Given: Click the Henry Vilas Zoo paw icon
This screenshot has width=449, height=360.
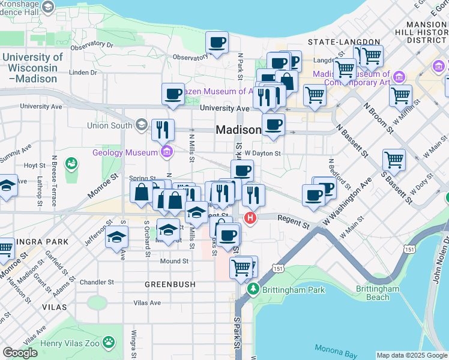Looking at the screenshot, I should pyautogui.click(x=109, y=343).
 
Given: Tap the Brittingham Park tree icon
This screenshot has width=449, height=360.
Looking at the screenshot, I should pyautogui.click(x=253, y=290).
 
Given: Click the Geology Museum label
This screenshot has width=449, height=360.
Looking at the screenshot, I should pyautogui.click(x=125, y=152).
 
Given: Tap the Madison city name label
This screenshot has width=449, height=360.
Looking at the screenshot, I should pyautogui.click(x=238, y=130).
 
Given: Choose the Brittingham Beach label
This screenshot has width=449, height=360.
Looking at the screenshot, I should pyautogui.click(x=378, y=293).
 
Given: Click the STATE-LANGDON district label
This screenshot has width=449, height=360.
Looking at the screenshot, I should pyautogui.click(x=344, y=42).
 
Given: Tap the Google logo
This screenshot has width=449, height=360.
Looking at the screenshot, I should pyautogui.click(x=20, y=353).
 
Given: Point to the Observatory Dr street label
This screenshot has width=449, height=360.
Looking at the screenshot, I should pyautogui.click(x=92, y=45).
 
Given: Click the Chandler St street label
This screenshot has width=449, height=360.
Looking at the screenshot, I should pyautogui.click(x=97, y=282).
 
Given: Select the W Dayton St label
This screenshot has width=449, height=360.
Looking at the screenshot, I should pyautogui.click(x=262, y=154).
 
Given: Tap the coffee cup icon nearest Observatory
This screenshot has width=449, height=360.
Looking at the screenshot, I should pyautogui.click(x=217, y=43).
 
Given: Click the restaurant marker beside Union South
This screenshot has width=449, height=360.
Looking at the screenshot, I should pyautogui.click(x=163, y=130).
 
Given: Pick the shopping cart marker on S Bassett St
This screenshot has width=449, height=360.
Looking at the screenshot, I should pyautogui.click(x=394, y=160).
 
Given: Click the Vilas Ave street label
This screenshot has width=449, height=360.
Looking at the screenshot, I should pyautogui.click(x=146, y=303).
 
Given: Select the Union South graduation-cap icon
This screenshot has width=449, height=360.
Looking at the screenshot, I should pyautogui.click(x=142, y=125).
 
